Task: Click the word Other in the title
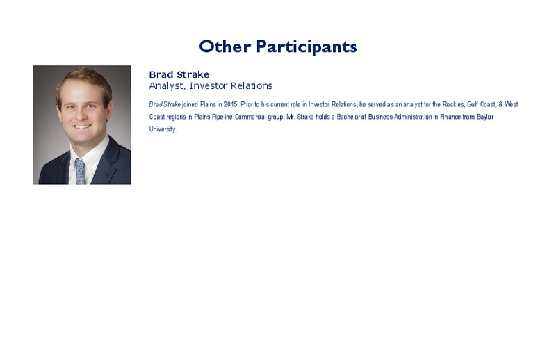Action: [x=224, y=47]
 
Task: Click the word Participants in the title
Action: [x=306, y=47]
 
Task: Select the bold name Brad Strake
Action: [x=179, y=74]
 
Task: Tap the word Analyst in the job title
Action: [x=167, y=86]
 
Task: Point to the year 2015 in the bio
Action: [x=231, y=104]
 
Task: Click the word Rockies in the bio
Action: [x=454, y=104]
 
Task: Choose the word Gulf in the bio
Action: [x=473, y=104]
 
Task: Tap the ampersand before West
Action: [x=500, y=104]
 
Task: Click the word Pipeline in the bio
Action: [x=222, y=117]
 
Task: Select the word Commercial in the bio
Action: [x=250, y=117]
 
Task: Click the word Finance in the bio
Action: [x=450, y=117]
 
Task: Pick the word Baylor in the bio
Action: [x=485, y=117]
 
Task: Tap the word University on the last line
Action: [x=163, y=129]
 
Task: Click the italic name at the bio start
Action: [x=165, y=104]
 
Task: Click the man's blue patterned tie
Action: [x=80, y=171]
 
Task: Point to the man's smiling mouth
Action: [x=82, y=126]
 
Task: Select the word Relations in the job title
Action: [x=252, y=86]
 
